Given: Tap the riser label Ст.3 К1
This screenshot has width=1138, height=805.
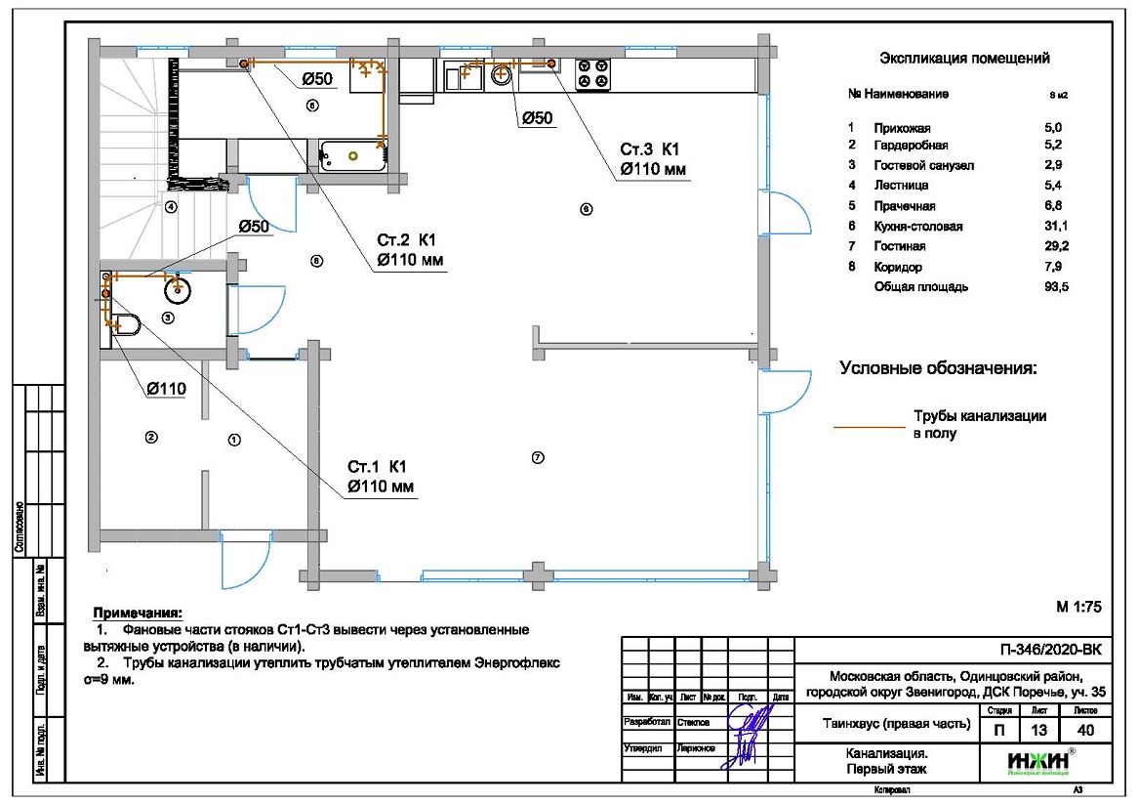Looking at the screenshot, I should tap(649, 148).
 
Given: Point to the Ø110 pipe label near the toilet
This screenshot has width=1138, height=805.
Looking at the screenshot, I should tap(166, 389).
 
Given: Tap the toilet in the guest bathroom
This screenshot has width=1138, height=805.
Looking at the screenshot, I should tap(126, 323).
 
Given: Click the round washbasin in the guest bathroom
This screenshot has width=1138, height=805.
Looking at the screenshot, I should tap(178, 287).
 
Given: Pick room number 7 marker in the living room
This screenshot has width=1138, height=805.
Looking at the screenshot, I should tap(537, 457).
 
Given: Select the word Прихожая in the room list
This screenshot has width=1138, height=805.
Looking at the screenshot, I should tap(903, 128).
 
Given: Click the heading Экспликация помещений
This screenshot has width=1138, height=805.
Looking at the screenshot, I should tap(964, 59).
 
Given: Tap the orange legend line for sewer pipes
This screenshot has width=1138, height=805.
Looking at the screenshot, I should tap(870, 427).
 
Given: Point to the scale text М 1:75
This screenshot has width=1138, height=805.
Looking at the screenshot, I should tap(1078, 607).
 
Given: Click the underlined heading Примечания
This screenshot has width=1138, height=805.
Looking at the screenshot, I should tap(137, 614).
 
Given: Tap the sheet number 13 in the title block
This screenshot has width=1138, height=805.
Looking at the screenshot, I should tap(1038, 730).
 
